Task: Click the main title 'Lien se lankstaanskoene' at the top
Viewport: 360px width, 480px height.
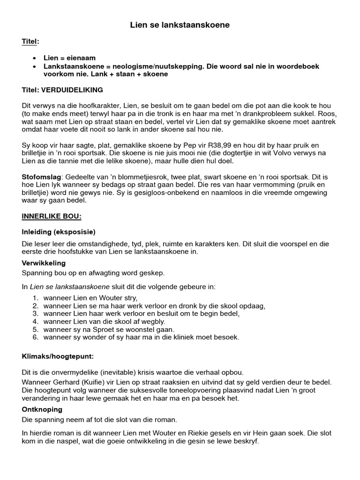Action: coord(180,25)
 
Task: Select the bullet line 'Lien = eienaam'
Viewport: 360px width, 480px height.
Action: coord(69,58)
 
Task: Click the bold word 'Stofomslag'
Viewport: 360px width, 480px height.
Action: coord(41,177)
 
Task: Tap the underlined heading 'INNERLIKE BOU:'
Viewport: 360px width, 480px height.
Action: coord(52,217)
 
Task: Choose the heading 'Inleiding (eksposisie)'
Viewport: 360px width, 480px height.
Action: coord(59,232)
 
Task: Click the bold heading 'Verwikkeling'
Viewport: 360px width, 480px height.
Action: coord(44,263)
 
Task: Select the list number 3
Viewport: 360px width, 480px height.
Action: coord(35,314)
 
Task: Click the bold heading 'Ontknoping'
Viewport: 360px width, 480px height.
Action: coord(42,409)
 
